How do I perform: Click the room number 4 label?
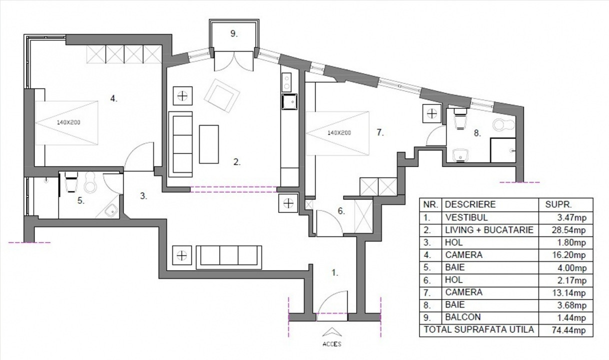[x=114, y=99]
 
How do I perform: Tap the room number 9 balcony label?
[x=234, y=34]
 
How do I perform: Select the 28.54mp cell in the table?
[x=565, y=230]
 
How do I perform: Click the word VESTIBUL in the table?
[x=465, y=218]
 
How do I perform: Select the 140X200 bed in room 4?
[x=66, y=122]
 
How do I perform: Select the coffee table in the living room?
[x=209, y=144]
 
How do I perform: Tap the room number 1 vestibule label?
[x=335, y=273]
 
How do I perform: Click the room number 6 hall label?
[x=341, y=211]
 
